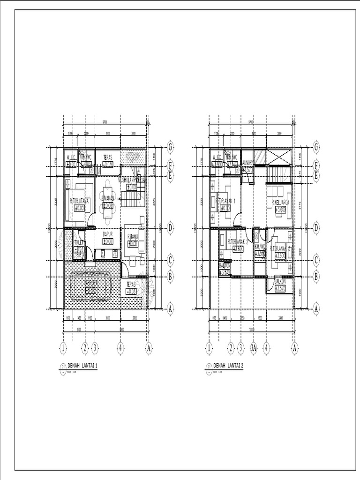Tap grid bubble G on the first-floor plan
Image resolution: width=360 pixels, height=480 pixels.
(x=171, y=147)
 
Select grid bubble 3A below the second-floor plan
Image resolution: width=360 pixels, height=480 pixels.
(x=254, y=348)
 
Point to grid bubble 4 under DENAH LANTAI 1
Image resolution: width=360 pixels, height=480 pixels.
(x=120, y=348)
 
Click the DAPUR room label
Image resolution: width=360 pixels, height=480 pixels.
(x=108, y=234)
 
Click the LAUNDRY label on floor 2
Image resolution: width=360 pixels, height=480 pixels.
(x=248, y=163)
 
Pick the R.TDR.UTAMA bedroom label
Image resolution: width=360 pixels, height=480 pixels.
(x=79, y=201)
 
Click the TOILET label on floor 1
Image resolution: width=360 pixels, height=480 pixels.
(x=79, y=243)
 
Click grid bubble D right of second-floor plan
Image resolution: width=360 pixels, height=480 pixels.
(x=316, y=228)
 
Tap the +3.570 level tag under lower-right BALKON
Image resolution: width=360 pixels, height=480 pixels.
(x=281, y=289)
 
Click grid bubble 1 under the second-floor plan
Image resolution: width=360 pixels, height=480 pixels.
(x=208, y=348)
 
